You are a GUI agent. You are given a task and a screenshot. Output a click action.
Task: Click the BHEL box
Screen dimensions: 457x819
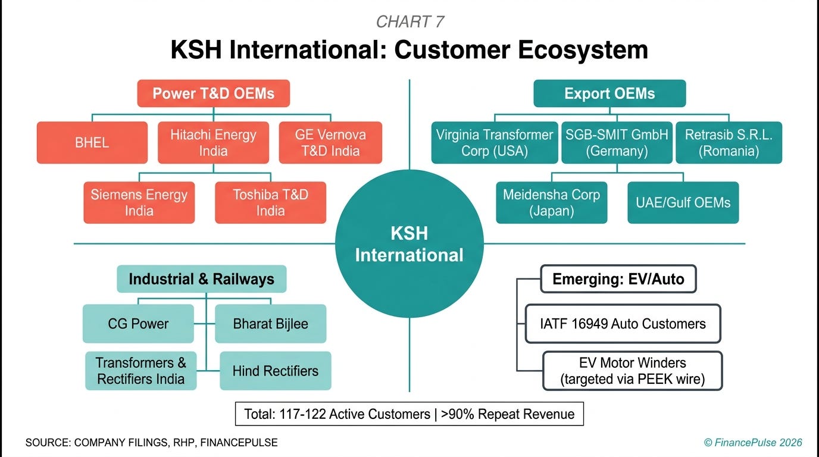(92, 143)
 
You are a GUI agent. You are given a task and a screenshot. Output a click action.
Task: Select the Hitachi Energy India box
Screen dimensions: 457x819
(213, 143)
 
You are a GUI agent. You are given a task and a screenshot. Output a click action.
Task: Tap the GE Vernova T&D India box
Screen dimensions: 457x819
(330, 143)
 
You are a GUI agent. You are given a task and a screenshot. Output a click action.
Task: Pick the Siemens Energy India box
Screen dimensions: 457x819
(139, 203)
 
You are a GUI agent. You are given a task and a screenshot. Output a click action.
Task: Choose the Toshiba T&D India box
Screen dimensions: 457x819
(270, 203)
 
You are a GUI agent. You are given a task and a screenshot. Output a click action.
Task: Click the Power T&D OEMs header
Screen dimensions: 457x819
(213, 93)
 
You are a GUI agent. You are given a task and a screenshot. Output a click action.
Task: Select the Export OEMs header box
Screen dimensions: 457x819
(609, 93)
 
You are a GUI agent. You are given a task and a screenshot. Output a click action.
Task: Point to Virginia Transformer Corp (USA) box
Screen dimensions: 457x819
(495, 143)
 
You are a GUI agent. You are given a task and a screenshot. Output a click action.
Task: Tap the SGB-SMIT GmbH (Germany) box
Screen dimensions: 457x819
(617, 143)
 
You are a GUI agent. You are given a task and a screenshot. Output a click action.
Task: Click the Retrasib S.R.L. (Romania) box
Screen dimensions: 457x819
(729, 143)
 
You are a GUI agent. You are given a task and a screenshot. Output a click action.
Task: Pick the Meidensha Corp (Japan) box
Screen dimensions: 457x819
(552, 203)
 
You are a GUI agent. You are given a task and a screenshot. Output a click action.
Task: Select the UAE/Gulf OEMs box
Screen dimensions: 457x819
(683, 203)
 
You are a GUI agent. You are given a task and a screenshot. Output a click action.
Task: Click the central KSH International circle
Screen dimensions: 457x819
(409, 244)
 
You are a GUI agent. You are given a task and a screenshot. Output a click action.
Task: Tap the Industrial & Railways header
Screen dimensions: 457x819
(201, 279)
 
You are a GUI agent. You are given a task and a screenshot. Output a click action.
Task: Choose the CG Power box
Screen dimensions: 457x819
(138, 324)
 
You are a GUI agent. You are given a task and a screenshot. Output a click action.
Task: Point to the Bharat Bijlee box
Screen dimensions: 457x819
(270, 324)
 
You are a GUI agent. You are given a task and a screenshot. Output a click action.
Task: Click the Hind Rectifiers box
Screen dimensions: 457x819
(275, 371)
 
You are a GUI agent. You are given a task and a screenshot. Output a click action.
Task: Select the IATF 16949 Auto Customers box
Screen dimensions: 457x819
(623, 324)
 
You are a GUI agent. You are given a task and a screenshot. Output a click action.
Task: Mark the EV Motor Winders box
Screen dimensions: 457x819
(632, 371)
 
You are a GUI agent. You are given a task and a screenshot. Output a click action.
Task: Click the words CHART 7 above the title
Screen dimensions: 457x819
(409, 22)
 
